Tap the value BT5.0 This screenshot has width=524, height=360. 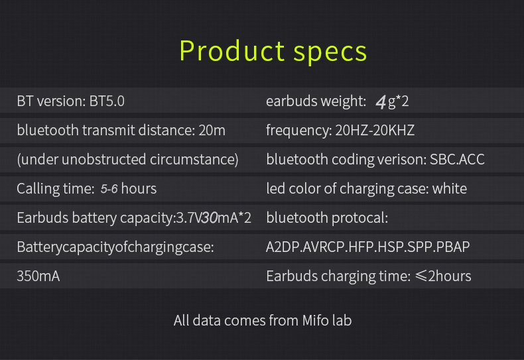pos(107,101)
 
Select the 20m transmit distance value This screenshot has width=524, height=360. pos(212,131)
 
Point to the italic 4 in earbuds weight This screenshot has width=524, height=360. pos(380,101)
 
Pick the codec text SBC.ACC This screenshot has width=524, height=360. pos(457,160)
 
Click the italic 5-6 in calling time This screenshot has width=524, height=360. pos(109,189)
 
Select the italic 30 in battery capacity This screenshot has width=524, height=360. pos(210,217)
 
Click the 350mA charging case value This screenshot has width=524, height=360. pos(38,276)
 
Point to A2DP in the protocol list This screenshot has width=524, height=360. pos(283,247)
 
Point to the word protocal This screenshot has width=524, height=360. pos(359,217)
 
